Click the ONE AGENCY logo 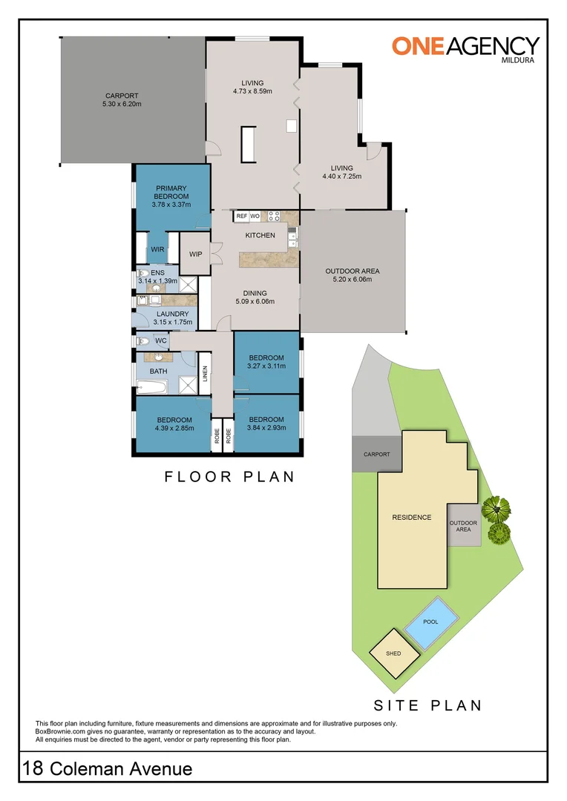(465, 46)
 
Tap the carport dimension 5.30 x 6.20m (122, 105)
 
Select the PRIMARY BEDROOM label (171, 193)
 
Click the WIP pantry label (196, 254)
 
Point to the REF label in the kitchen (241, 216)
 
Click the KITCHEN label (260, 235)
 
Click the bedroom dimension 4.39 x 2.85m (174, 428)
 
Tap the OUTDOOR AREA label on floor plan (353, 271)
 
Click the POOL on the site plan (430, 622)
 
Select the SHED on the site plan (393, 653)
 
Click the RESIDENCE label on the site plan (411, 517)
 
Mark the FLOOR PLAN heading (229, 477)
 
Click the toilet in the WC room (143, 341)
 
